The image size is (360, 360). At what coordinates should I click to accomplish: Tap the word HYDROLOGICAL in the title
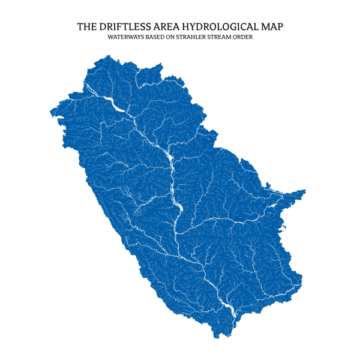coord(214,27)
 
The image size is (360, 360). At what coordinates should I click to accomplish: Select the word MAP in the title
coord(270,27)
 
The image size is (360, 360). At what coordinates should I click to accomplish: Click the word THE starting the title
coord(85,27)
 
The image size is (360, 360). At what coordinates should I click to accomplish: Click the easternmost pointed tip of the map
coord(305,191)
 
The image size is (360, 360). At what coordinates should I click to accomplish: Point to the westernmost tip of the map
coord(50,112)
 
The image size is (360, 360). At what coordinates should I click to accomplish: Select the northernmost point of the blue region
coord(109,56)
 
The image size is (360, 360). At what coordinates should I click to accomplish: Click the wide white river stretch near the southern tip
coord(226,307)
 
